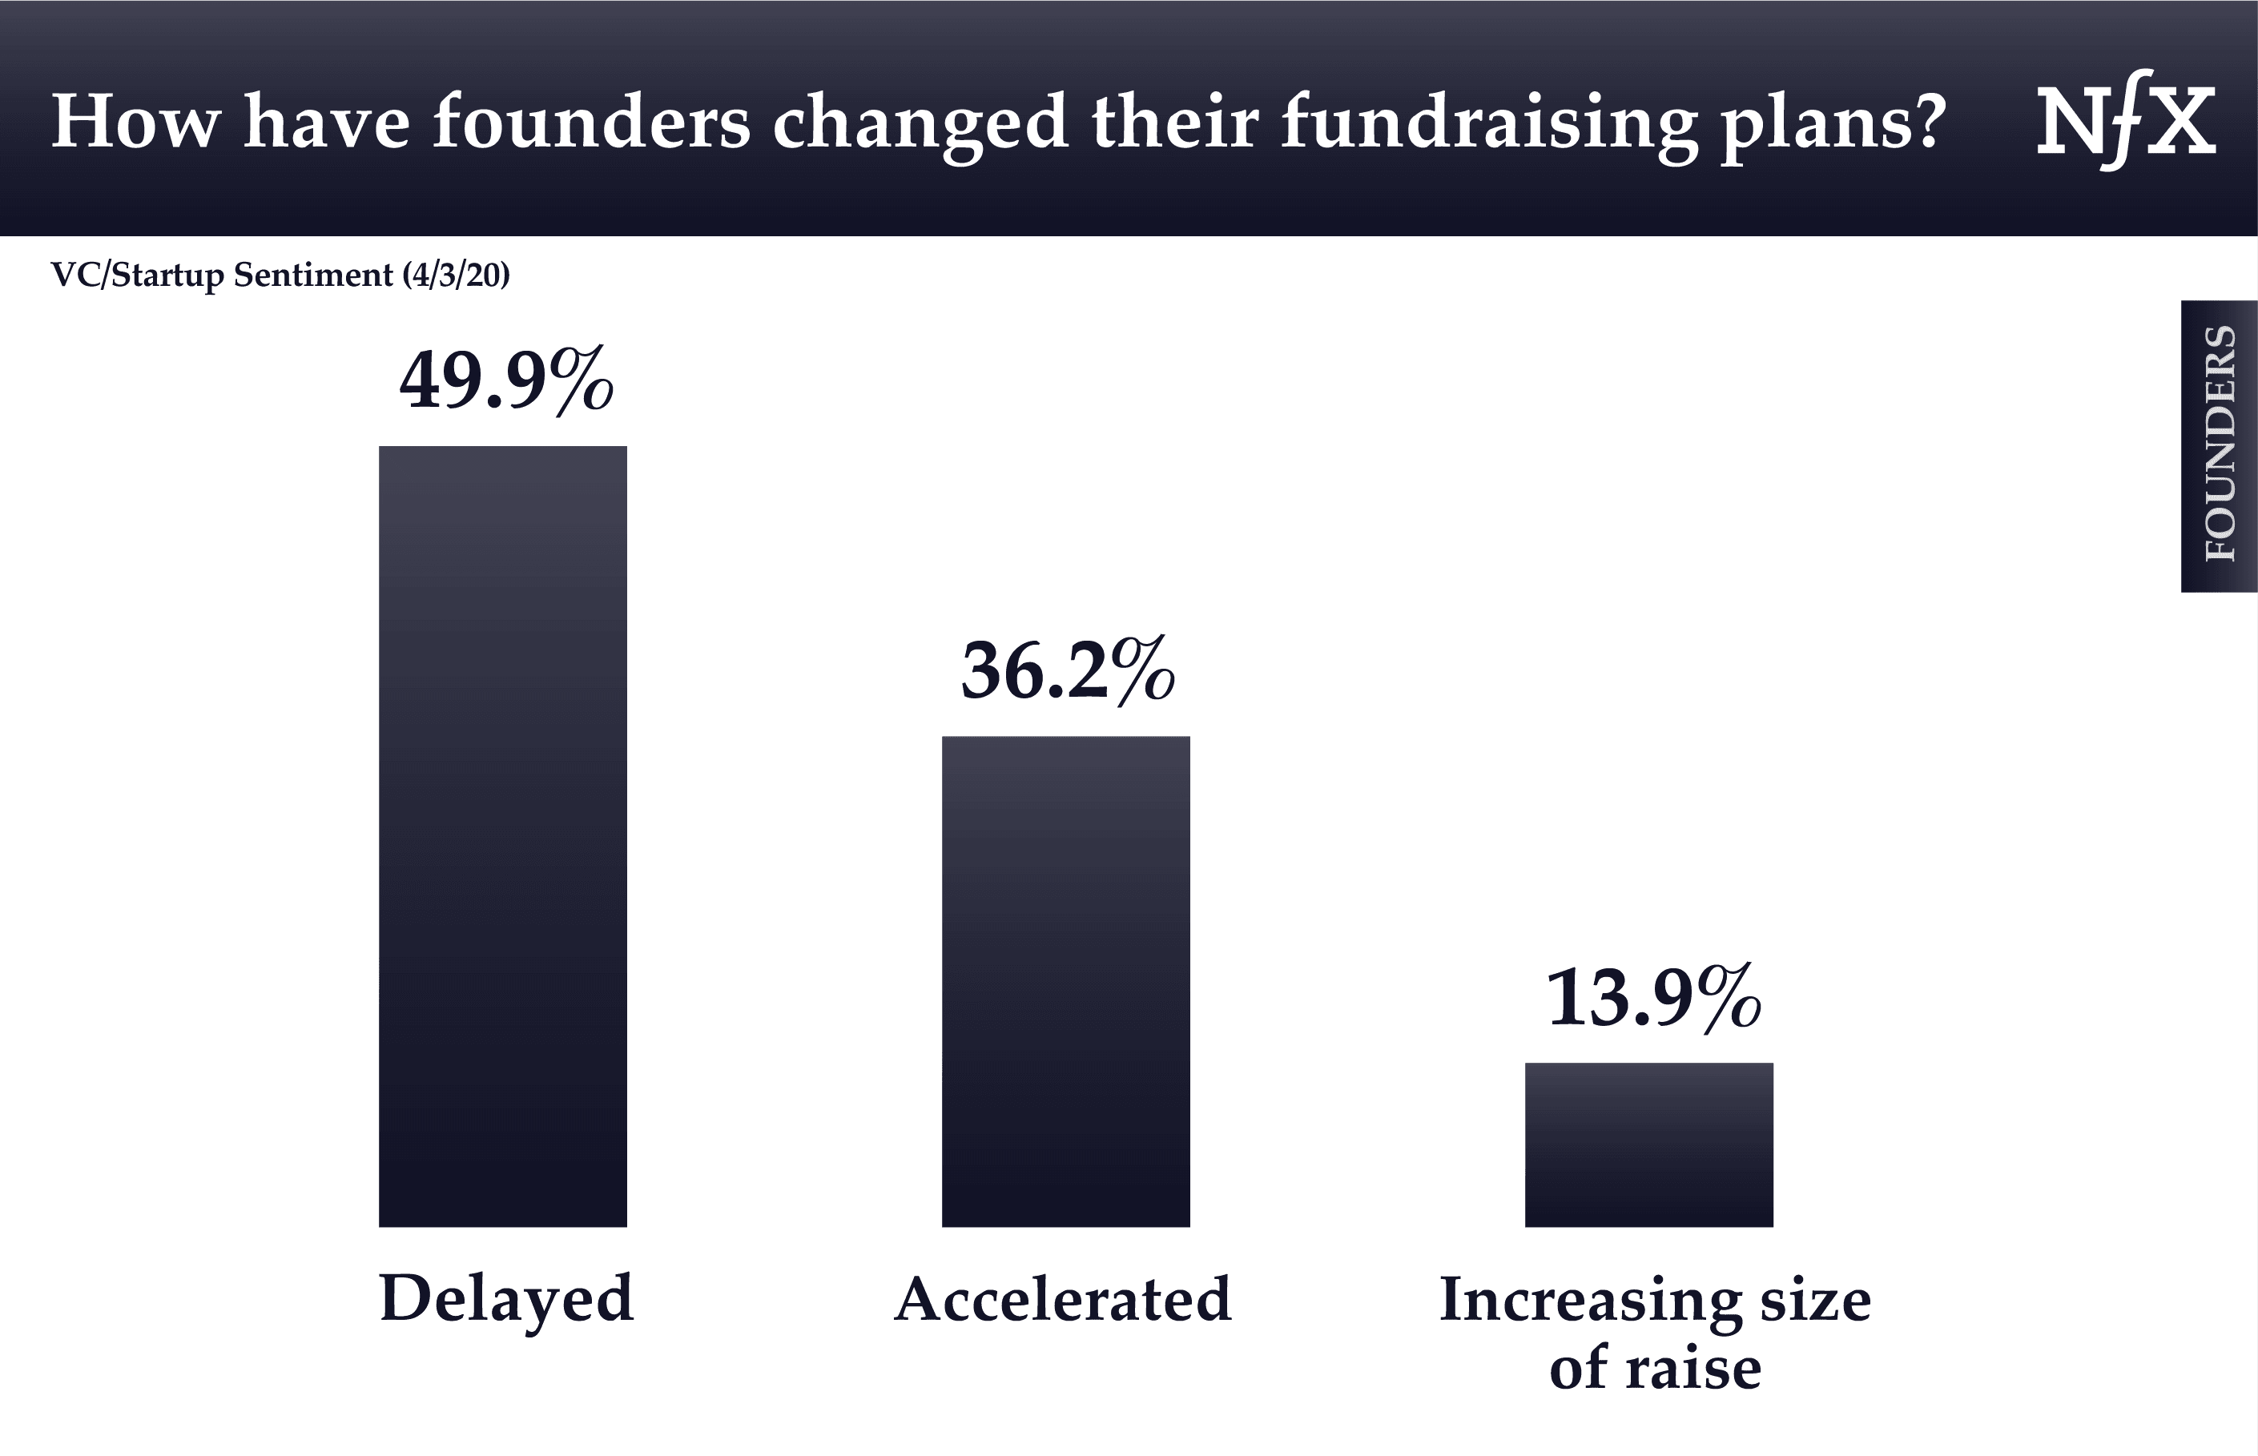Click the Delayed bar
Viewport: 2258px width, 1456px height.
[x=502, y=836]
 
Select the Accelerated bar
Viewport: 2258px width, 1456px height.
[x=1065, y=981]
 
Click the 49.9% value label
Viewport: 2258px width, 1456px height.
[x=507, y=381]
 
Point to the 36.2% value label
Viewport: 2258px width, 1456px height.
[x=1069, y=671]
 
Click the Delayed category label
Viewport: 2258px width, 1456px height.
[x=506, y=1300]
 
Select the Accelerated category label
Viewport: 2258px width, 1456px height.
[x=1063, y=1300]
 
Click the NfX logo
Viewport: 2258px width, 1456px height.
[x=2126, y=121]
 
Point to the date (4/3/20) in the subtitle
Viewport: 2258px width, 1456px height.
[x=456, y=276]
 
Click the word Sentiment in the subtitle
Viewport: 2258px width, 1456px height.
[x=313, y=276]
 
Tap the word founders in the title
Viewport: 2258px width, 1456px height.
[x=591, y=123]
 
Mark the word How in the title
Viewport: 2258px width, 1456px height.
[x=135, y=123]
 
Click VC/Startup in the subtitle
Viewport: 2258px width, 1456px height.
[x=137, y=276]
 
